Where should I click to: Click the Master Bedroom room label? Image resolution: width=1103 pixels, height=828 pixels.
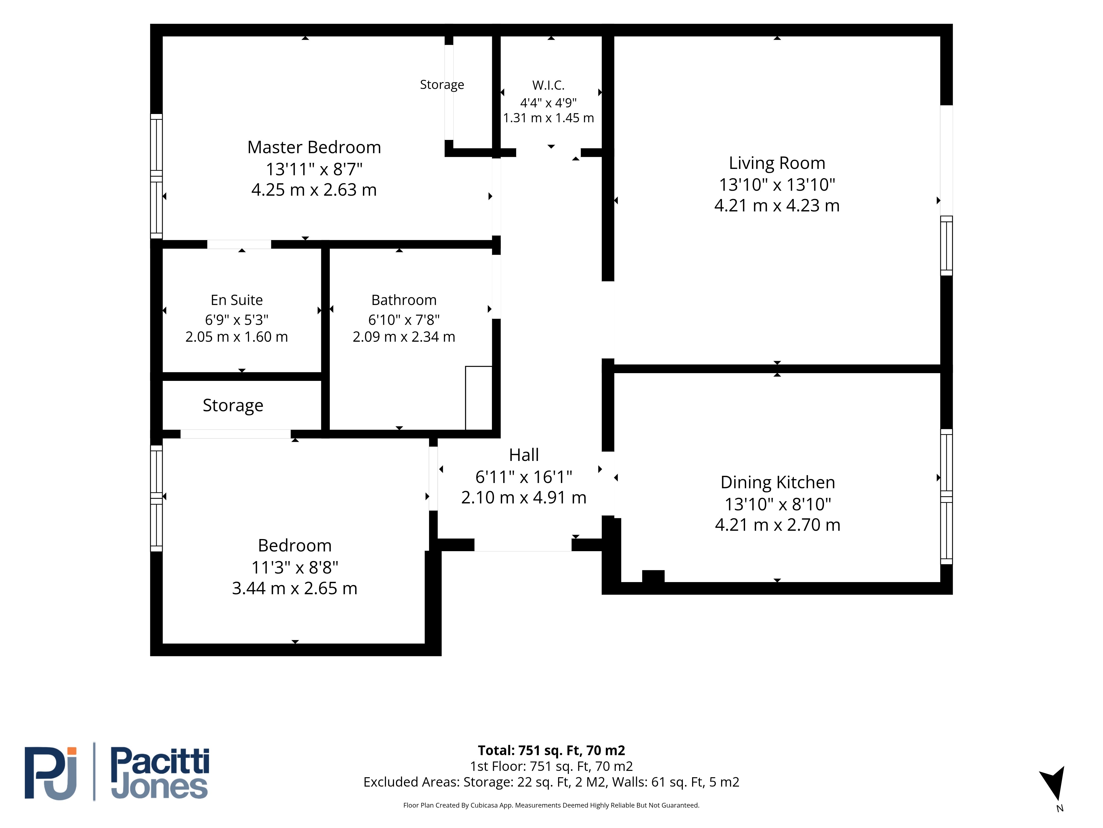coord(314,147)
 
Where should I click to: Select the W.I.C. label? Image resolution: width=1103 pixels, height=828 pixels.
coord(548,85)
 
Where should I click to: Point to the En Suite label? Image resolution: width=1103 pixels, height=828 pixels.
coord(237,300)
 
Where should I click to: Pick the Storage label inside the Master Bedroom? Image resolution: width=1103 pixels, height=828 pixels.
coord(442,85)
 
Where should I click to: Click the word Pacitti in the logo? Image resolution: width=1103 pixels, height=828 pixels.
coord(160,761)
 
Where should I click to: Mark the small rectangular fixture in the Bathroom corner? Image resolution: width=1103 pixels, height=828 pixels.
coord(479,398)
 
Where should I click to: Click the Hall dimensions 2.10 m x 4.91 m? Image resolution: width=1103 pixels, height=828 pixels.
coord(524,498)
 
